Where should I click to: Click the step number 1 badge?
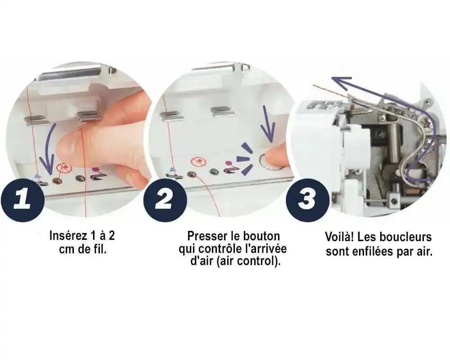23,200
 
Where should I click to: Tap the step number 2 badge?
165,200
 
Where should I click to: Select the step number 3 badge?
308,200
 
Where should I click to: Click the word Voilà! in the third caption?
339,237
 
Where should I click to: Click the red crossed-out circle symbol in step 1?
64,167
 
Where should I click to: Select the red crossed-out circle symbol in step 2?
198,162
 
